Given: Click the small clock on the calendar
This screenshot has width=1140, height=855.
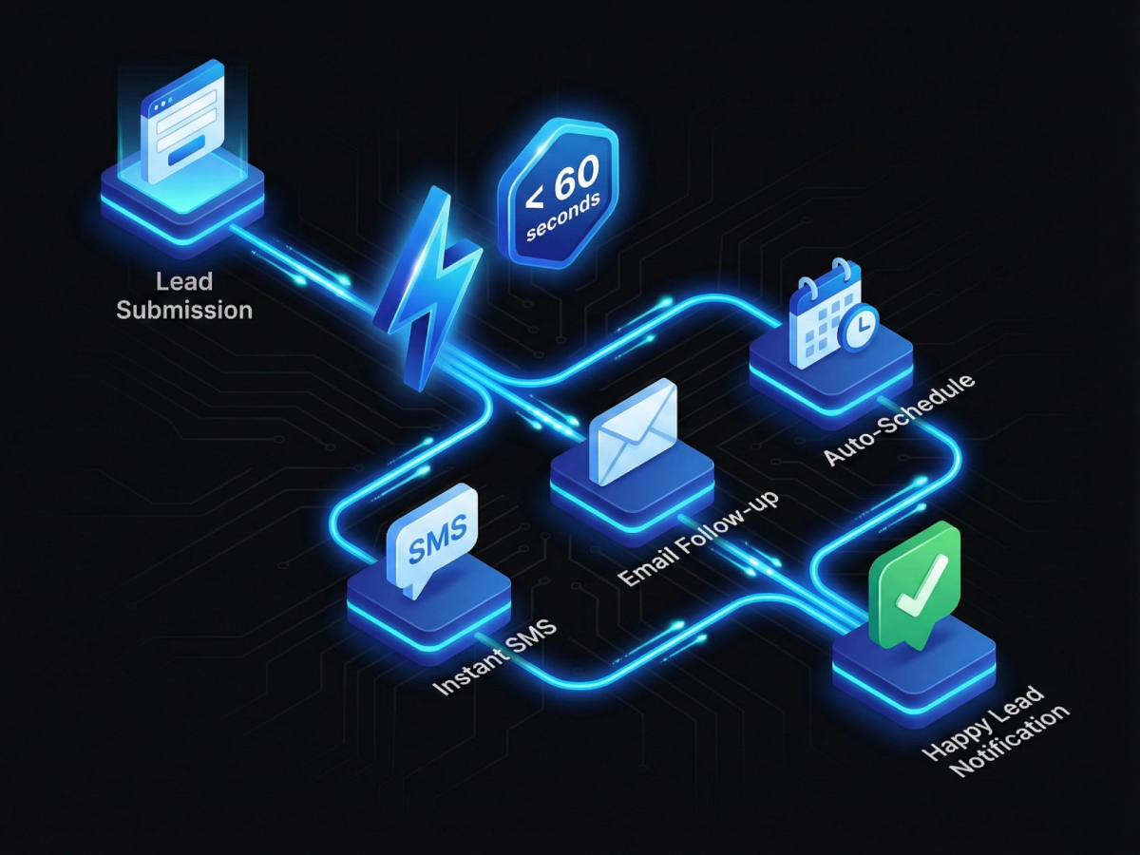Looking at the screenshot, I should pyautogui.click(x=859, y=328).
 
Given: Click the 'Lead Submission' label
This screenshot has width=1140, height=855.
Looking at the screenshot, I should pyautogui.click(x=184, y=295).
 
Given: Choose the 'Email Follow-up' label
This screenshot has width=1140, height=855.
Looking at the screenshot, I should pyautogui.click(x=697, y=538).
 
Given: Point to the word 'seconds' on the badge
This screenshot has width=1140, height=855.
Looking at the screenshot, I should pyautogui.click(x=564, y=218).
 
